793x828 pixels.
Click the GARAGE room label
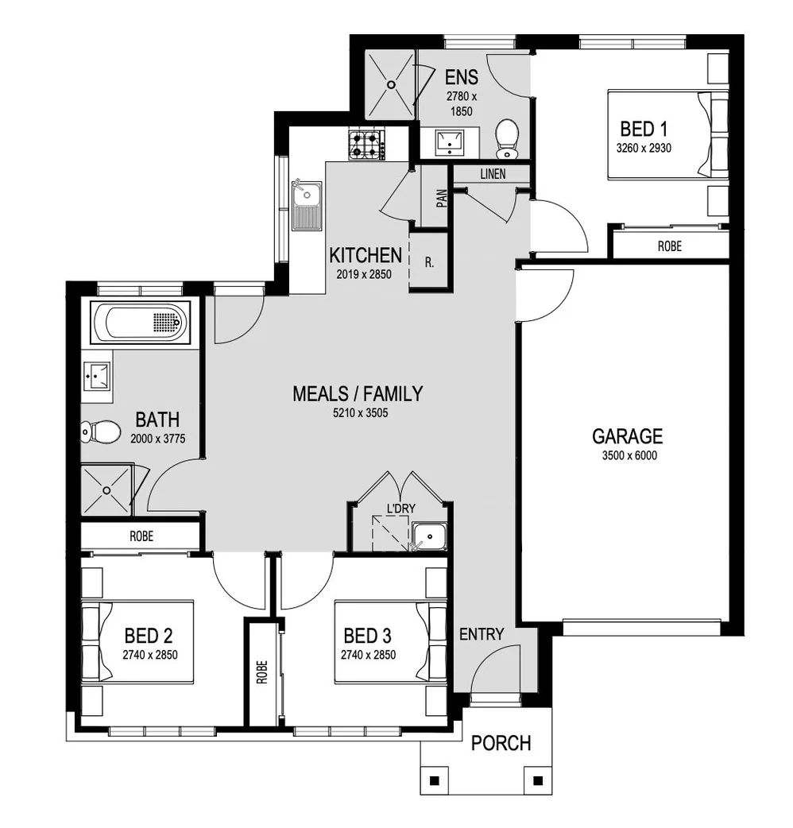tap(627, 436)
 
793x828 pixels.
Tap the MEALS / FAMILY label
tap(358, 393)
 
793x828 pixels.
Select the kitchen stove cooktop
tap(366, 144)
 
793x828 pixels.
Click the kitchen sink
tap(306, 205)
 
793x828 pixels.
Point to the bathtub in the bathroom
tap(140, 323)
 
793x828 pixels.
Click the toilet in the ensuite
tap(506, 140)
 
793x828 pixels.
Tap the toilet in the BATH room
tap(99, 432)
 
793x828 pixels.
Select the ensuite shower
tap(390, 83)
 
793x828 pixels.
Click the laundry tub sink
tap(430, 537)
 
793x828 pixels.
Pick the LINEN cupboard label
tap(492, 174)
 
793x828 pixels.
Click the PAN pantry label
tap(442, 198)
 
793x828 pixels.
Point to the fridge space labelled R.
tap(429, 261)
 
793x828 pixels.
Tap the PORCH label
tap(501, 743)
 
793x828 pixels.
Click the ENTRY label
tap(482, 634)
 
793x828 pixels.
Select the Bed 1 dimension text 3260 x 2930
tap(644, 148)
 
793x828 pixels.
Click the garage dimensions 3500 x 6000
tap(627, 456)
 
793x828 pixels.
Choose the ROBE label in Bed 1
tap(669, 246)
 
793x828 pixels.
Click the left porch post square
tap(434, 780)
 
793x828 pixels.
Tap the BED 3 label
tap(368, 636)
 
